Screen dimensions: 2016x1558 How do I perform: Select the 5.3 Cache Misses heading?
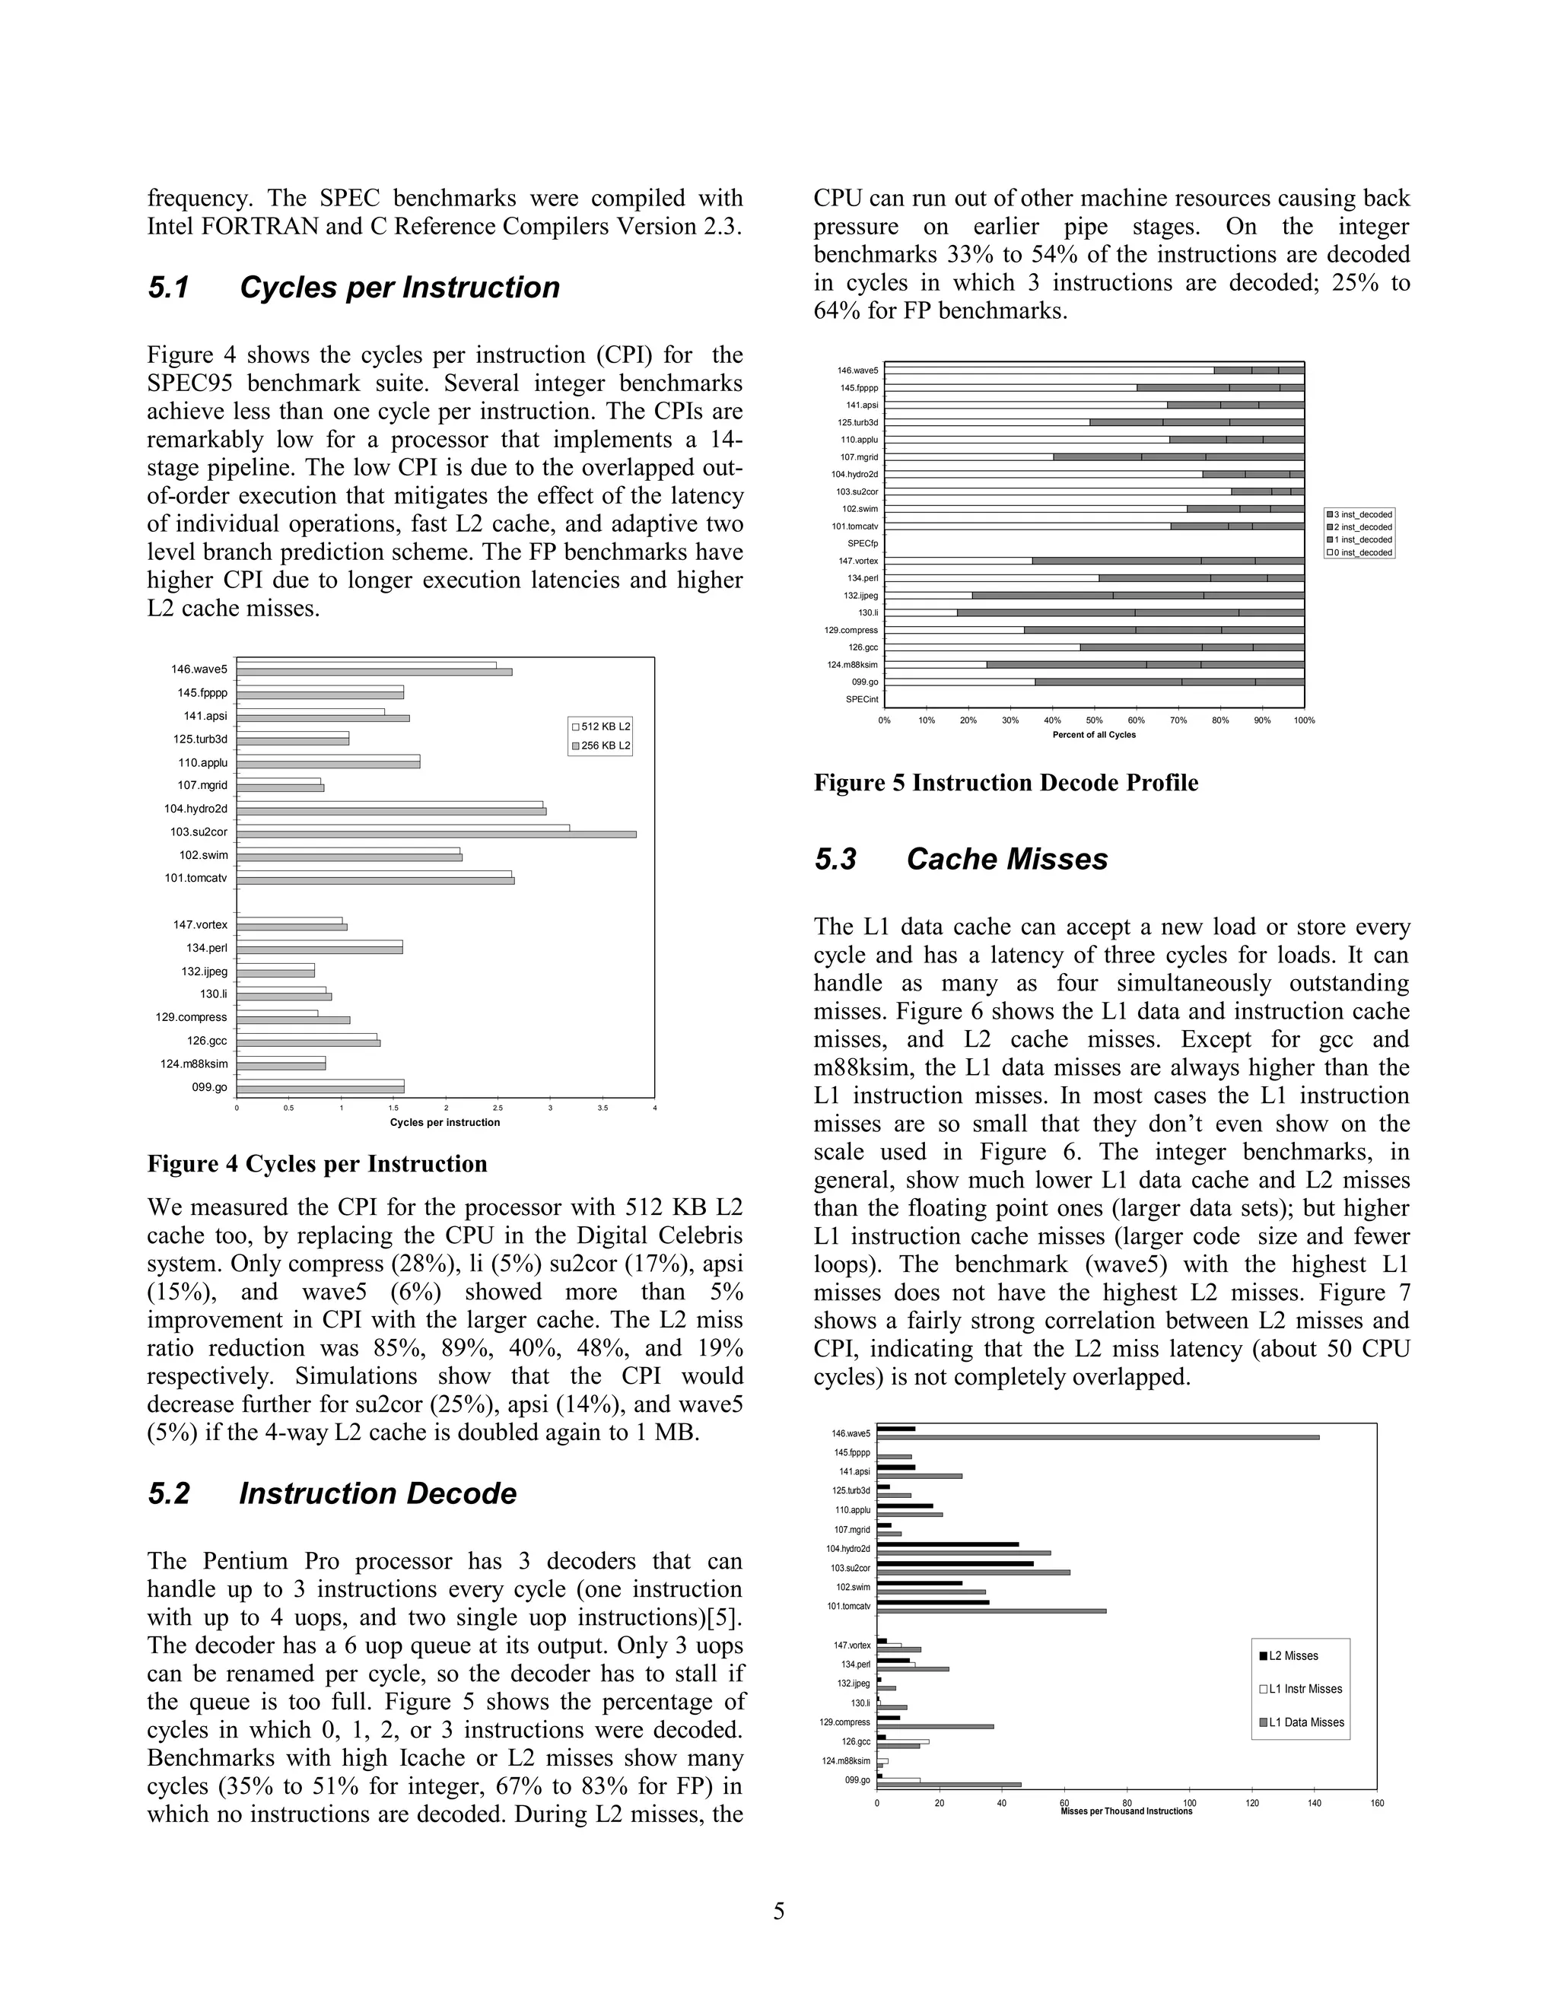pyautogui.click(x=960, y=860)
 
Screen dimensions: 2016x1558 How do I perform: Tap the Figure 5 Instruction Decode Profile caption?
pyautogui.click(x=1006, y=783)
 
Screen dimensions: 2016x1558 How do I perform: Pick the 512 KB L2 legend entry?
pyautogui.click(x=600, y=727)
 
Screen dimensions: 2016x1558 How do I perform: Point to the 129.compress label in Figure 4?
pyautogui.click(x=191, y=1017)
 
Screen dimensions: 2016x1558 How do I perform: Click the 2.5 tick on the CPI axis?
pyautogui.click(x=498, y=1108)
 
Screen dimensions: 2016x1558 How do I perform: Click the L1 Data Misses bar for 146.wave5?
pyautogui.click(x=1098, y=1437)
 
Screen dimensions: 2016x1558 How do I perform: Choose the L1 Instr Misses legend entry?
pyautogui.click(x=1304, y=1689)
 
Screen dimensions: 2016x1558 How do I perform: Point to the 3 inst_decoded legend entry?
pyautogui.click(x=1360, y=514)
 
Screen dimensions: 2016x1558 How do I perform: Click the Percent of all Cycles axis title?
pyautogui.click(x=1094, y=735)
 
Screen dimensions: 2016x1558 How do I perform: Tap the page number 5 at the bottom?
pyautogui.click(x=779, y=1911)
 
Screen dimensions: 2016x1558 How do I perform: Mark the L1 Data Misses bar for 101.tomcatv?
pyautogui.click(x=991, y=1611)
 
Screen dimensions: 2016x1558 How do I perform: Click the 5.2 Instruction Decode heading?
pyautogui.click(x=332, y=1493)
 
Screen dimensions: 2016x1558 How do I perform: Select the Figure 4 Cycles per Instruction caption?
pyautogui.click(x=317, y=1164)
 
